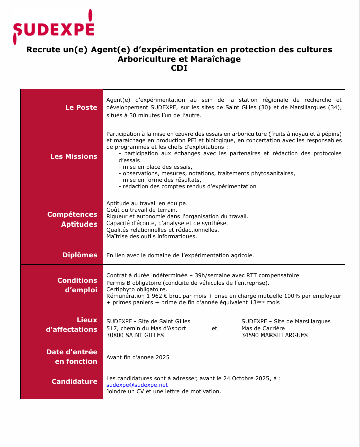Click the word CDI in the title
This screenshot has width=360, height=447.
(x=179, y=69)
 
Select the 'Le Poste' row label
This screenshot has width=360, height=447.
(x=81, y=107)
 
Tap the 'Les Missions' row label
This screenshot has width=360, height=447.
(x=73, y=156)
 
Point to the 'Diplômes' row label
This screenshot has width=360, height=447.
(x=79, y=255)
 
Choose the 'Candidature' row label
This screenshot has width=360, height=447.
(x=74, y=381)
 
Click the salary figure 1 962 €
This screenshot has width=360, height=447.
(x=156, y=296)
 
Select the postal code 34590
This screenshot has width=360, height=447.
(x=251, y=335)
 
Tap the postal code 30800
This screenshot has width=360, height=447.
(x=115, y=335)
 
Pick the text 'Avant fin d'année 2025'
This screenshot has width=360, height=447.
(x=138, y=357)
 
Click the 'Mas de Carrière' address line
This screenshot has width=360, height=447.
(x=263, y=328)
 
